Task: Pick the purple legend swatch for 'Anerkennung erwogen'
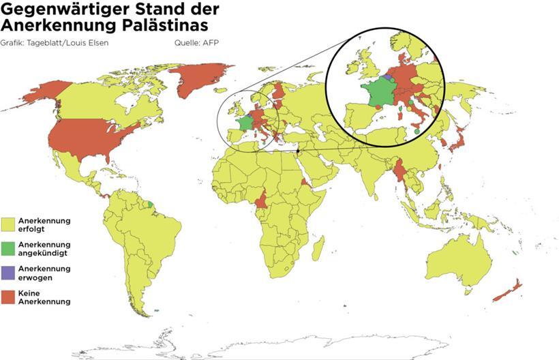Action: (9, 273)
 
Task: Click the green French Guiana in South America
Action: (150, 204)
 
